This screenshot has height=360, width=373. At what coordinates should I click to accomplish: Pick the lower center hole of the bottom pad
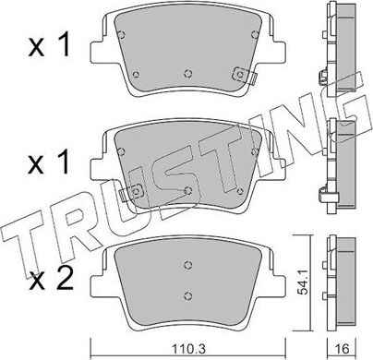pyautogui.click(x=187, y=296)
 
